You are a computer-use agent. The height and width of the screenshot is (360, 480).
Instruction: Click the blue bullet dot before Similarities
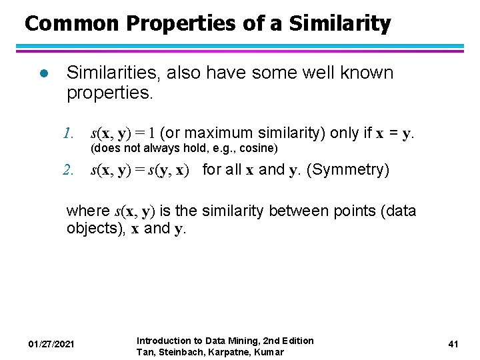(x=43, y=73)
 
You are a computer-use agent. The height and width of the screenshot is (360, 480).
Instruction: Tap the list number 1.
(x=68, y=133)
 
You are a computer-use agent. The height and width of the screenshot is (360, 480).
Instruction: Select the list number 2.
(x=68, y=170)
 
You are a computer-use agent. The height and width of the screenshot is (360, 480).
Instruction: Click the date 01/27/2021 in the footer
(x=51, y=344)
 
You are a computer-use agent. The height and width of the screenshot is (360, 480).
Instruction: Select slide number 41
(x=453, y=344)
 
